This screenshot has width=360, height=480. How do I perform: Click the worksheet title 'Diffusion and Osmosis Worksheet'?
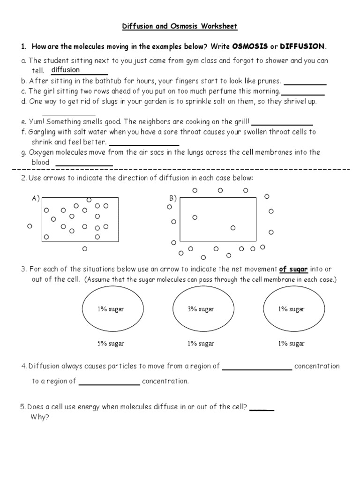click(x=180, y=27)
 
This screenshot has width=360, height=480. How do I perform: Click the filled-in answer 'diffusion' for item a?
click(x=65, y=70)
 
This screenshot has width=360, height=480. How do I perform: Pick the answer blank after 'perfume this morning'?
click(x=303, y=92)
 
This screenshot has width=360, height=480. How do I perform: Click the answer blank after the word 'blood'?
click(x=84, y=163)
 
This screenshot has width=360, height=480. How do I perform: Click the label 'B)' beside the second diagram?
click(x=172, y=198)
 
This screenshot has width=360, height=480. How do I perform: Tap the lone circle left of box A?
click(x=30, y=226)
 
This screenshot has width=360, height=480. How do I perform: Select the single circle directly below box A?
click(x=85, y=249)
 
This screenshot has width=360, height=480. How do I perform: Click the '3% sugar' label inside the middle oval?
click(x=201, y=309)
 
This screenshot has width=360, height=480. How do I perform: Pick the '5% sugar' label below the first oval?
click(x=111, y=344)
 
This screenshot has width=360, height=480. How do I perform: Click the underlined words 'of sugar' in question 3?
click(x=293, y=269)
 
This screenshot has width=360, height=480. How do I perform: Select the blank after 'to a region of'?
click(x=109, y=382)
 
